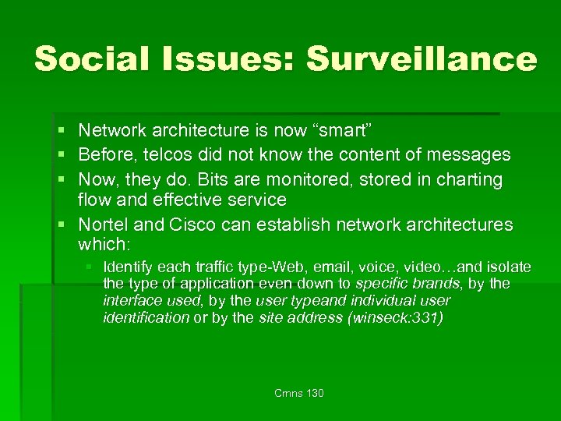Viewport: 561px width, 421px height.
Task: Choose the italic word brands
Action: coord(436,284)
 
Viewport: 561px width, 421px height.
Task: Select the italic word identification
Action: coord(146,317)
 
